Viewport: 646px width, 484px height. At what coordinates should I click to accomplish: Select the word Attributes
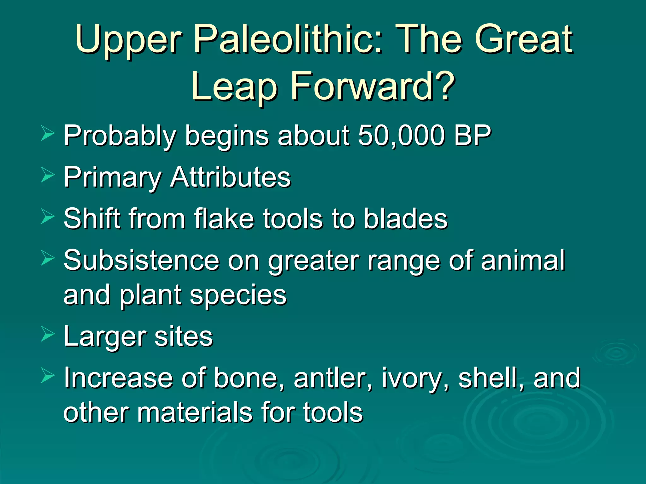(x=231, y=177)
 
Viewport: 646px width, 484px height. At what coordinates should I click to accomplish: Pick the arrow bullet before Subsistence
(x=48, y=258)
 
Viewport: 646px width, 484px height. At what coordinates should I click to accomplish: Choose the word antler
(x=333, y=378)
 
